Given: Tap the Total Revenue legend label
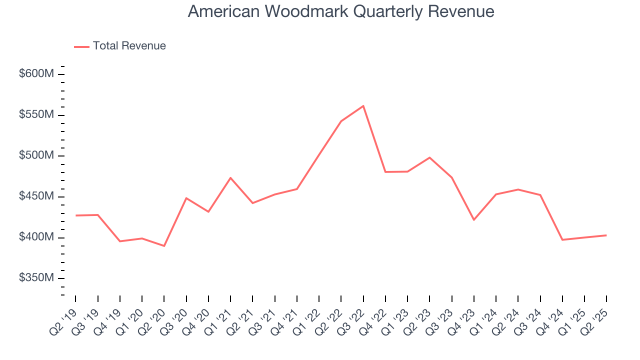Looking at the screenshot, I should coord(129,46).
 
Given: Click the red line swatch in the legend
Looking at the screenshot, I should coord(81,46).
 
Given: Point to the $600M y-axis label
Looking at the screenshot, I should coord(36,74).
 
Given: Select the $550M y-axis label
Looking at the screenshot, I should coord(36,115).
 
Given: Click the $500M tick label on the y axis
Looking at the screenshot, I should coord(36,155).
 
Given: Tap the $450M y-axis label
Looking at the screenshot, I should coord(36,196).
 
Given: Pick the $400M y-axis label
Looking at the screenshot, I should coord(36,237).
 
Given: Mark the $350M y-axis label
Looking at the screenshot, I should coord(36,278).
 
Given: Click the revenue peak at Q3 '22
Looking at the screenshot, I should coord(363,105).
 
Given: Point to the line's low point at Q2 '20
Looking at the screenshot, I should coord(164,246).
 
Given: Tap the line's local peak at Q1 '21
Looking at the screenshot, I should coord(230,177).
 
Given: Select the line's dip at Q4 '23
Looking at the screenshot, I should coord(473,220).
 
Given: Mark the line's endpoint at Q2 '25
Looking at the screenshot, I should coord(606,235).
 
